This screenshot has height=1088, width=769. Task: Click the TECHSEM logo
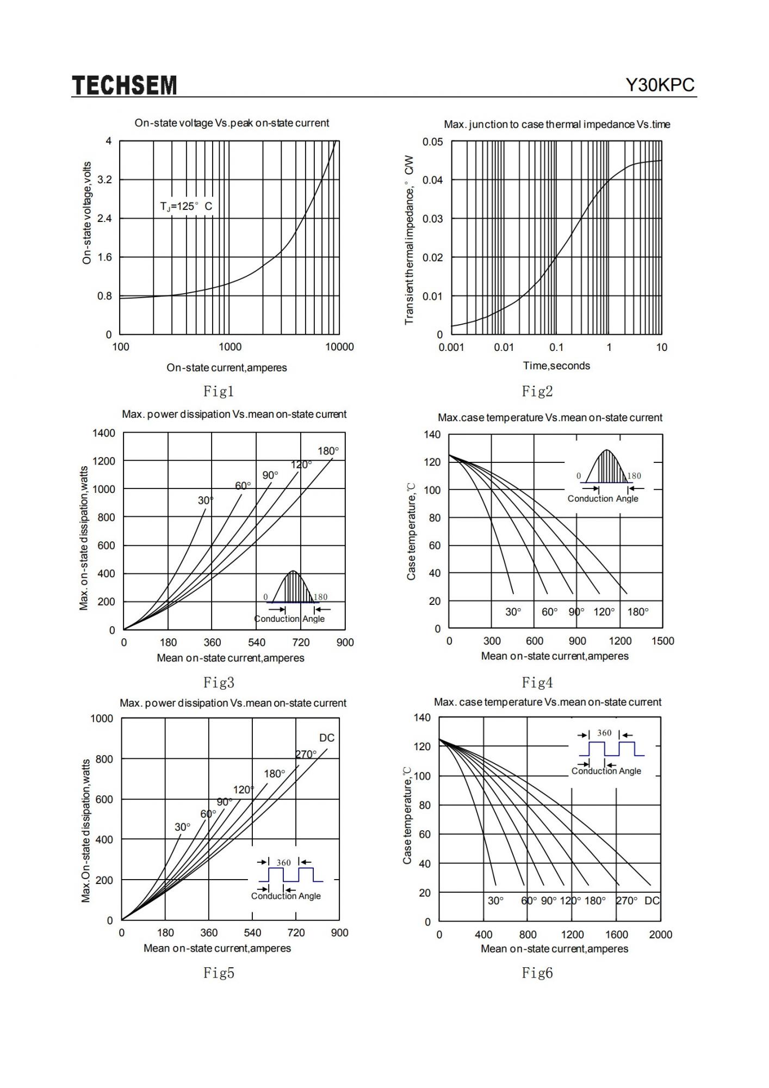[x=125, y=85]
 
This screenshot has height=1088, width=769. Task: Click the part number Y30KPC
[x=660, y=85]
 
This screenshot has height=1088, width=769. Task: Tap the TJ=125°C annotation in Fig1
[x=186, y=207]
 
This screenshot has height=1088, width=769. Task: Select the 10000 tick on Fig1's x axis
[x=339, y=347]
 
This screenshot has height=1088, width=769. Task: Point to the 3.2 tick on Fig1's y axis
[x=104, y=180]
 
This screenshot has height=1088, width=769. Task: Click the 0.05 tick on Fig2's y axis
[x=432, y=142]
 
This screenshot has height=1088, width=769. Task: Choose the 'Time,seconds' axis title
[x=556, y=366]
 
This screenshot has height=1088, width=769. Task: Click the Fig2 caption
[x=537, y=391]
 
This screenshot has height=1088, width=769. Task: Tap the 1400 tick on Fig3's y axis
[x=104, y=433]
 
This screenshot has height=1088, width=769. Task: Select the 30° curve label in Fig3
[x=206, y=500]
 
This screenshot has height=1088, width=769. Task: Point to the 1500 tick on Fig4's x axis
[x=662, y=641]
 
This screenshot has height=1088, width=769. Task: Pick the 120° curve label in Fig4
[x=604, y=612]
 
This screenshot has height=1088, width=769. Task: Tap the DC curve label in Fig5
[x=327, y=738]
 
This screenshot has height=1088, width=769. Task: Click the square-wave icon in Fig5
[x=291, y=874]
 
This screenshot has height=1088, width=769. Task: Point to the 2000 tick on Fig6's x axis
[x=661, y=935]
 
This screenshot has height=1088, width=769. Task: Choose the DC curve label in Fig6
[x=652, y=901]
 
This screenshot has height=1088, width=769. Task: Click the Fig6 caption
[x=537, y=973]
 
